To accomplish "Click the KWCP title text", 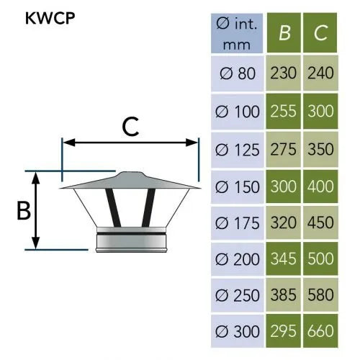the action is tap(50, 18).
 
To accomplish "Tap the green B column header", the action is tap(284, 32).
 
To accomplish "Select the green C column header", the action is tap(320, 32).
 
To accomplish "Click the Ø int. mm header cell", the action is tap(237, 33).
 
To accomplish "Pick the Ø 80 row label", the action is tap(238, 73).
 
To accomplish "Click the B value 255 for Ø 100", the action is tap(283, 111).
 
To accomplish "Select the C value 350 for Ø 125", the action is tap(320, 149).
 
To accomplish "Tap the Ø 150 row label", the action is tap(238, 186).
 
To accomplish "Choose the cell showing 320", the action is tap(283, 222).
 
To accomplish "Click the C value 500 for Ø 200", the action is tap(320, 258).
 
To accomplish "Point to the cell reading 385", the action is tap(283, 294).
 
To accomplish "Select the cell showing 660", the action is tap(320, 330).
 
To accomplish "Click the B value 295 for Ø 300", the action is tap(283, 330).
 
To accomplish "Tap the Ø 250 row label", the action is tap(238, 295).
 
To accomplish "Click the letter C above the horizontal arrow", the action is tap(130, 127).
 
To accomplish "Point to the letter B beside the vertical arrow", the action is tap(24, 210).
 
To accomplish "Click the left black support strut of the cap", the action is tap(113, 207).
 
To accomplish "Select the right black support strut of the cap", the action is tap(148, 207).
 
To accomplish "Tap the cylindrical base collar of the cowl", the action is tap(132, 240).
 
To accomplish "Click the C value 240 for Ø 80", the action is tap(320, 73).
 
